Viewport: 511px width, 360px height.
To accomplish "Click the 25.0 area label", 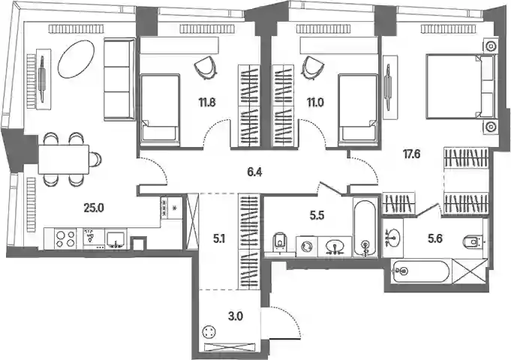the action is pos(94,208).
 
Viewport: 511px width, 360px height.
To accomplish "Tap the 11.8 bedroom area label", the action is pos(207,103).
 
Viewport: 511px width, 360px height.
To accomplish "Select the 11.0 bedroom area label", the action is pos(315,103).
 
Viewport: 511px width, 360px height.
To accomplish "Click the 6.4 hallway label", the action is pos(254,172).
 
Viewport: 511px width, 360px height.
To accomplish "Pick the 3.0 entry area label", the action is pos(236,316).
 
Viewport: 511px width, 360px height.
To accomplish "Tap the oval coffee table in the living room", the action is pos(77,59).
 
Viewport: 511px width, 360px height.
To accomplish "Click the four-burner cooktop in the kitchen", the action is pos(65,238).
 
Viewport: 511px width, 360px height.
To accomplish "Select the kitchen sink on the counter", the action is pos(116,240).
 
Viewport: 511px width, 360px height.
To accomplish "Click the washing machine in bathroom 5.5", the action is pos(307,246).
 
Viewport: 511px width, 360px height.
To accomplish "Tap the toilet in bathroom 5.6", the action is pos(473,241).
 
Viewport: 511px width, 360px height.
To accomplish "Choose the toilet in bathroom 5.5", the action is pos(280,242).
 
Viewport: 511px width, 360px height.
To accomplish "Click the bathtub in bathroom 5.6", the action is pos(422,271).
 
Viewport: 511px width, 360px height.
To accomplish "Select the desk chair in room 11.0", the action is pos(314,67).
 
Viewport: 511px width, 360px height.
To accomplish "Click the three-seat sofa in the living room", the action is pos(119,79).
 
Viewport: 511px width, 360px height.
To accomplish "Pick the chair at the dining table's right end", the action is pos(95,159).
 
